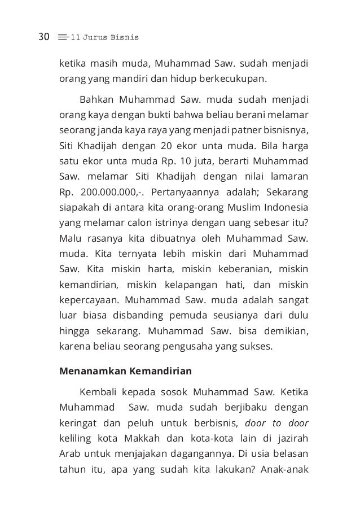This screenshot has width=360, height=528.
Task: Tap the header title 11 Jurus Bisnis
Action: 104,38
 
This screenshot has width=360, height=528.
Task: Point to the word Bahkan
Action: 96,101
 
